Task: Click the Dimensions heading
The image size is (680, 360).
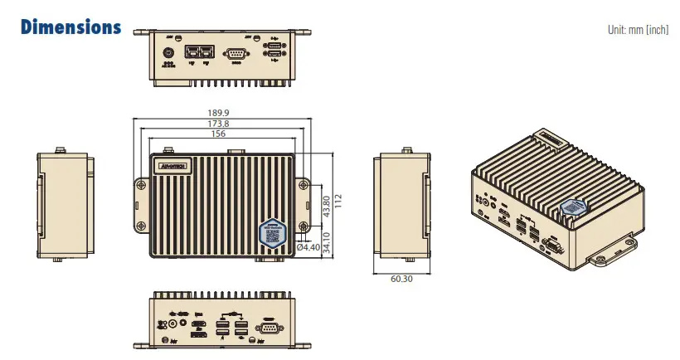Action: pos(70,27)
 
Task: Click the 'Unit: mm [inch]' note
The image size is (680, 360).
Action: pos(638,30)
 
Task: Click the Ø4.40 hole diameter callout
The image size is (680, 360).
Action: pos(308,247)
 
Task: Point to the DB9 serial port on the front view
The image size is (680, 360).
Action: pos(268,329)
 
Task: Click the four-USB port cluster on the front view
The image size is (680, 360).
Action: pos(231,328)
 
